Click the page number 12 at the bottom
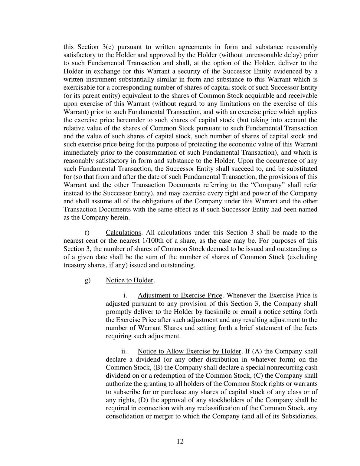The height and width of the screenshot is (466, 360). [180, 441]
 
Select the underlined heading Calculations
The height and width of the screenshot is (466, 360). [123, 233]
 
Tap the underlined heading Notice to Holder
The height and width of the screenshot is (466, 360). [129, 280]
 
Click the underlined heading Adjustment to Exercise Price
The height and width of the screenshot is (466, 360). [180, 295]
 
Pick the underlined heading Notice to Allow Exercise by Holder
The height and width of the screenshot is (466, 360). [189, 351]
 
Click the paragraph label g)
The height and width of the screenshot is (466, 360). [87, 280]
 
